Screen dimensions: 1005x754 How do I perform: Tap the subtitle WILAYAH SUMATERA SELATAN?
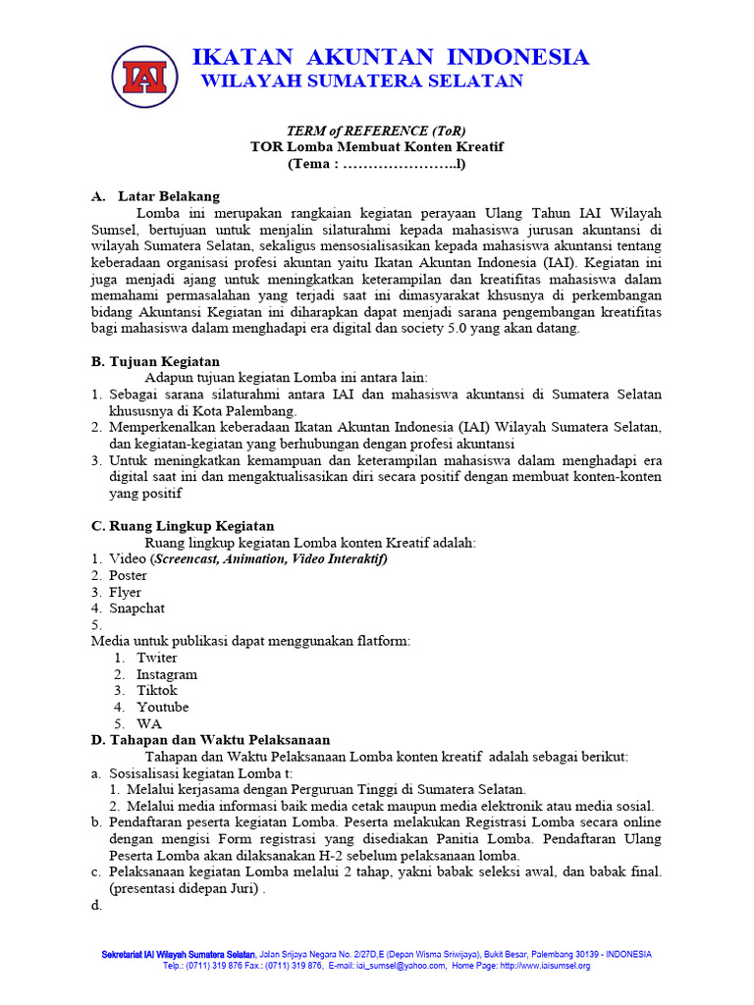[x=361, y=81]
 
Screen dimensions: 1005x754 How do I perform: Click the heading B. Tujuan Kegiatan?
[x=155, y=361]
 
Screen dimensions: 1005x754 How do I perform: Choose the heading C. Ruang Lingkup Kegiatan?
[x=183, y=526]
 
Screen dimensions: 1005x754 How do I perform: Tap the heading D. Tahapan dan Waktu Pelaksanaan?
[x=210, y=739]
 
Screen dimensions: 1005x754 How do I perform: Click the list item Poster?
[x=128, y=575]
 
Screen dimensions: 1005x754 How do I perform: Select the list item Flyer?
[x=125, y=592]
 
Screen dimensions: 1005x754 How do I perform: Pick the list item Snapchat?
[x=136, y=608]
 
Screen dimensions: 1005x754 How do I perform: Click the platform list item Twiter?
[x=157, y=658]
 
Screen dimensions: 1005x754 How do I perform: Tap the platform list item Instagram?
[x=166, y=674]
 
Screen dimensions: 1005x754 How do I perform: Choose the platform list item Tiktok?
[x=157, y=690]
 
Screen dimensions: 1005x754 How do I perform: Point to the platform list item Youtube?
[x=162, y=707]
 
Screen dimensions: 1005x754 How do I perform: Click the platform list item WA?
[x=149, y=723]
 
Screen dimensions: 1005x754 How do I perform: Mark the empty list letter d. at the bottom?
[x=96, y=905]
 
